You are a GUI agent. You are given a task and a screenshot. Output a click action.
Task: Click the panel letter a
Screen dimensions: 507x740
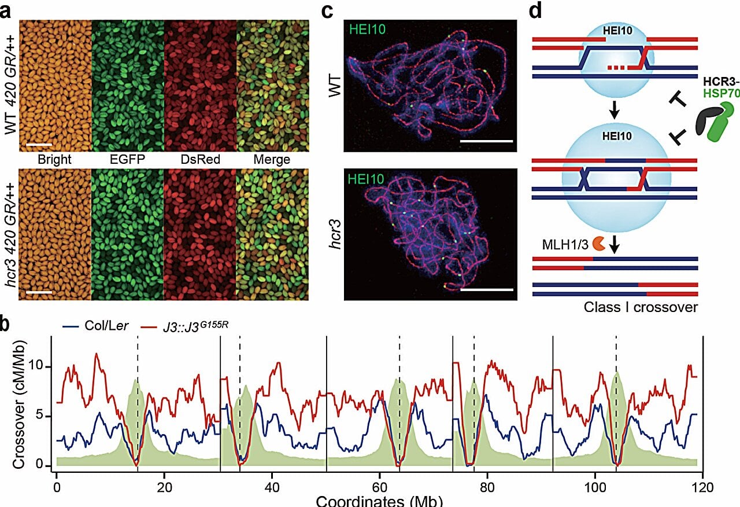pos(8,10)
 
